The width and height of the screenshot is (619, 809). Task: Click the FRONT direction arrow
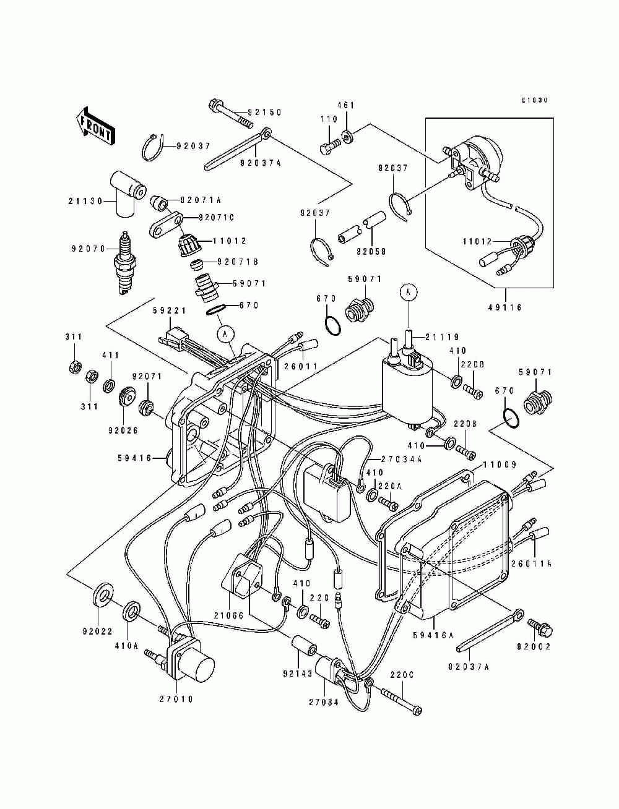94,126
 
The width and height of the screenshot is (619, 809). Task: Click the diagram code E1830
535,100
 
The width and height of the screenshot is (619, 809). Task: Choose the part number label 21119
442,337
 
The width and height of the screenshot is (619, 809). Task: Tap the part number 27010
176,699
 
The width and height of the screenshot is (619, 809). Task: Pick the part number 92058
371,252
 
